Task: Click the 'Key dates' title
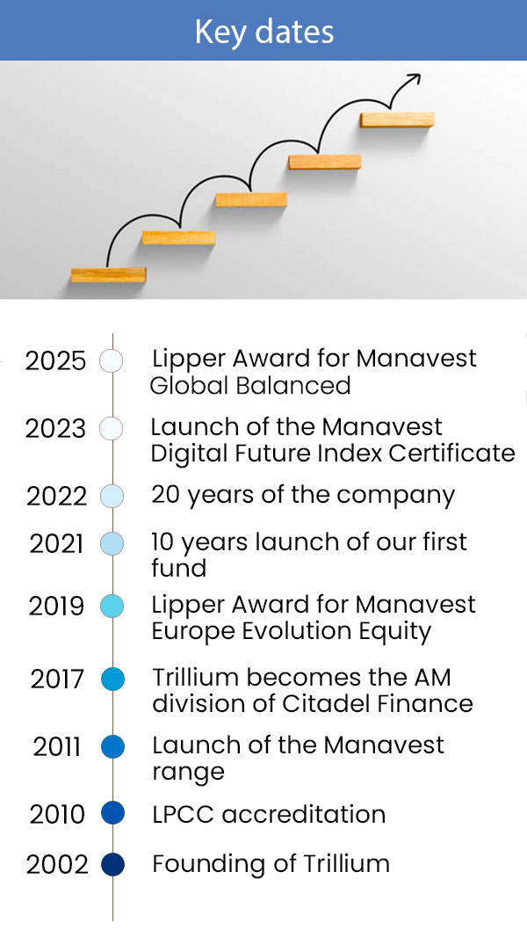[x=263, y=32]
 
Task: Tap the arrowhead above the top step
[x=415, y=79]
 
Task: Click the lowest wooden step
[x=109, y=274]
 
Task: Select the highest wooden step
[x=397, y=120]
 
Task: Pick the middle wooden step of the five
[x=251, y=200]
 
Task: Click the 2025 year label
[x=55, y=360]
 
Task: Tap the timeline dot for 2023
[x=111, y=428]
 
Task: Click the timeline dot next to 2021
[x=112, y=544]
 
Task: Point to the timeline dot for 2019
[x=112, y=607]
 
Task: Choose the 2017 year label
[x=57, y=679]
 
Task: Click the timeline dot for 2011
[x=112, y=747]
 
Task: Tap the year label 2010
[x=57, y=815]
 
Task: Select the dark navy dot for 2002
[x=112, y=864]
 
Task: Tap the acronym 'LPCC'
[x=184, y=814]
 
